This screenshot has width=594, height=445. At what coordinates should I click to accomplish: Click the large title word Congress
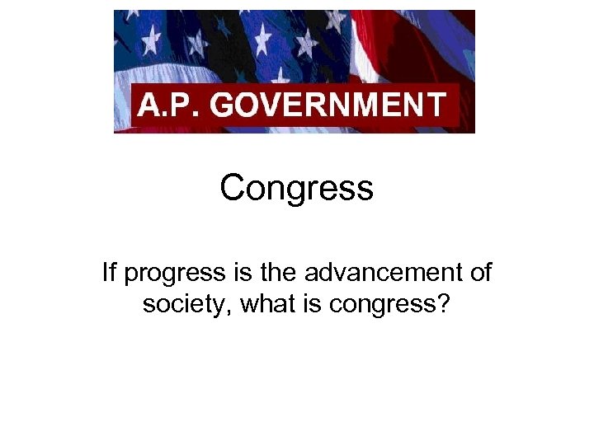pos(296,190)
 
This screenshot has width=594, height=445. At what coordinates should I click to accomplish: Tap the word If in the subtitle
pos(110,272)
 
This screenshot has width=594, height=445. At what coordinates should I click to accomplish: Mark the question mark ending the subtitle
pos(444,303)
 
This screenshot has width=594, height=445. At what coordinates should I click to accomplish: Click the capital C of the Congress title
pos(233,188)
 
